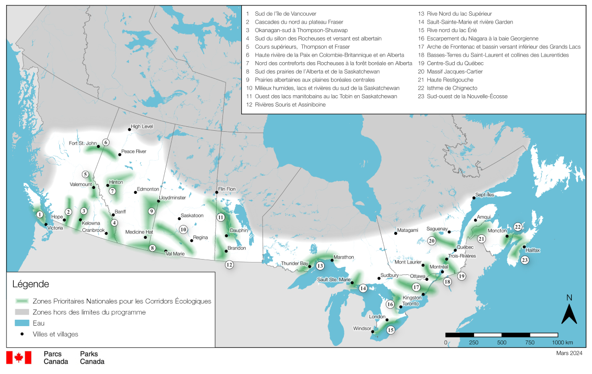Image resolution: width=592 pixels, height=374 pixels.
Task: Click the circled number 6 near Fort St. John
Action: click(x=106, y=143)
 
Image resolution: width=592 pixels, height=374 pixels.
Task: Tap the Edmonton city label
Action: click(x=148, y=189)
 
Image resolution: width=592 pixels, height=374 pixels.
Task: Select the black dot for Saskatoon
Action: click(x=179, y=219)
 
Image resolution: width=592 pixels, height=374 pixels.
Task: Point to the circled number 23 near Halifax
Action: click(x=525, y=260)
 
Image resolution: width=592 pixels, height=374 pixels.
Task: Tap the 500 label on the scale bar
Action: click(x=502, y=342)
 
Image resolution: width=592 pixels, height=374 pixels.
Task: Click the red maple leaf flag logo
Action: click(x=19, y=358)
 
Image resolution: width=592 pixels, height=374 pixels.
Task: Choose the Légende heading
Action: click(x=31, y=284)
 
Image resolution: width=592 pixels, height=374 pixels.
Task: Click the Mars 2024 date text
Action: click(x=569, y=353)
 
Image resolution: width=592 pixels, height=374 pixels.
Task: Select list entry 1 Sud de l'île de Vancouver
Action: click(x=283, y=14)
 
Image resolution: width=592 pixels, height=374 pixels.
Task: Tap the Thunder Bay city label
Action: click(x=294, y=263)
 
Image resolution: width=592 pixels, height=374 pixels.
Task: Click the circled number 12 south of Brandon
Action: click(x=229, y=264)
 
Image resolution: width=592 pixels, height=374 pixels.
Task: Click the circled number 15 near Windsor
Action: click(x=391, y=330)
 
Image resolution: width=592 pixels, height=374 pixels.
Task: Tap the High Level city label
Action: click(x=141, y=126)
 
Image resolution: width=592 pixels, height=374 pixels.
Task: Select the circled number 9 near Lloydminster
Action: click(x=152, y=211)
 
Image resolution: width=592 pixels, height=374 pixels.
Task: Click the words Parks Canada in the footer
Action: click(x=92, y=358)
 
